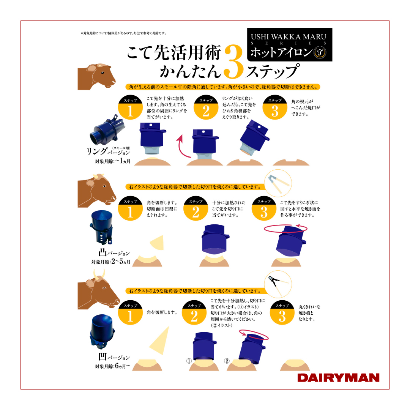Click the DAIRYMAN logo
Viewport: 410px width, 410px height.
pyautogui.click(x=338, y=378)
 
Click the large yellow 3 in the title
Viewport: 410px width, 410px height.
pyautogui.click(x=234, y=62)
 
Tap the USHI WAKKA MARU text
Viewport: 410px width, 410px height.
pyautogui.click(x=289, y=36)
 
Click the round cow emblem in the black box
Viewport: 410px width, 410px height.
pyautogui.click(x=320, y=52)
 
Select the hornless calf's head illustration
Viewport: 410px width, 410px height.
pyautogui.click(x=96, y=77)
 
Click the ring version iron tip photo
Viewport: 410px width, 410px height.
pyautogui.click(x=107, y=130)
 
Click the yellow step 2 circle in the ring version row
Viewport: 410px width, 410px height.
pyautogui.click(x=206, y=107)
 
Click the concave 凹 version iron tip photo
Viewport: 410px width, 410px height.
pyautogui.click(x=102, y=331)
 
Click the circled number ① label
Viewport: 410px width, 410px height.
pyautogui.click(x=189, y=361)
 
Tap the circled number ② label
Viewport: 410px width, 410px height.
pyautogui.click(x=227, y=361)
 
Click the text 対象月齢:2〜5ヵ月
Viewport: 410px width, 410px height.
pyautogui.click(x=110, y=262)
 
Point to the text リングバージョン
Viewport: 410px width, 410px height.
pyautogui.click(x=108, y=151)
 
